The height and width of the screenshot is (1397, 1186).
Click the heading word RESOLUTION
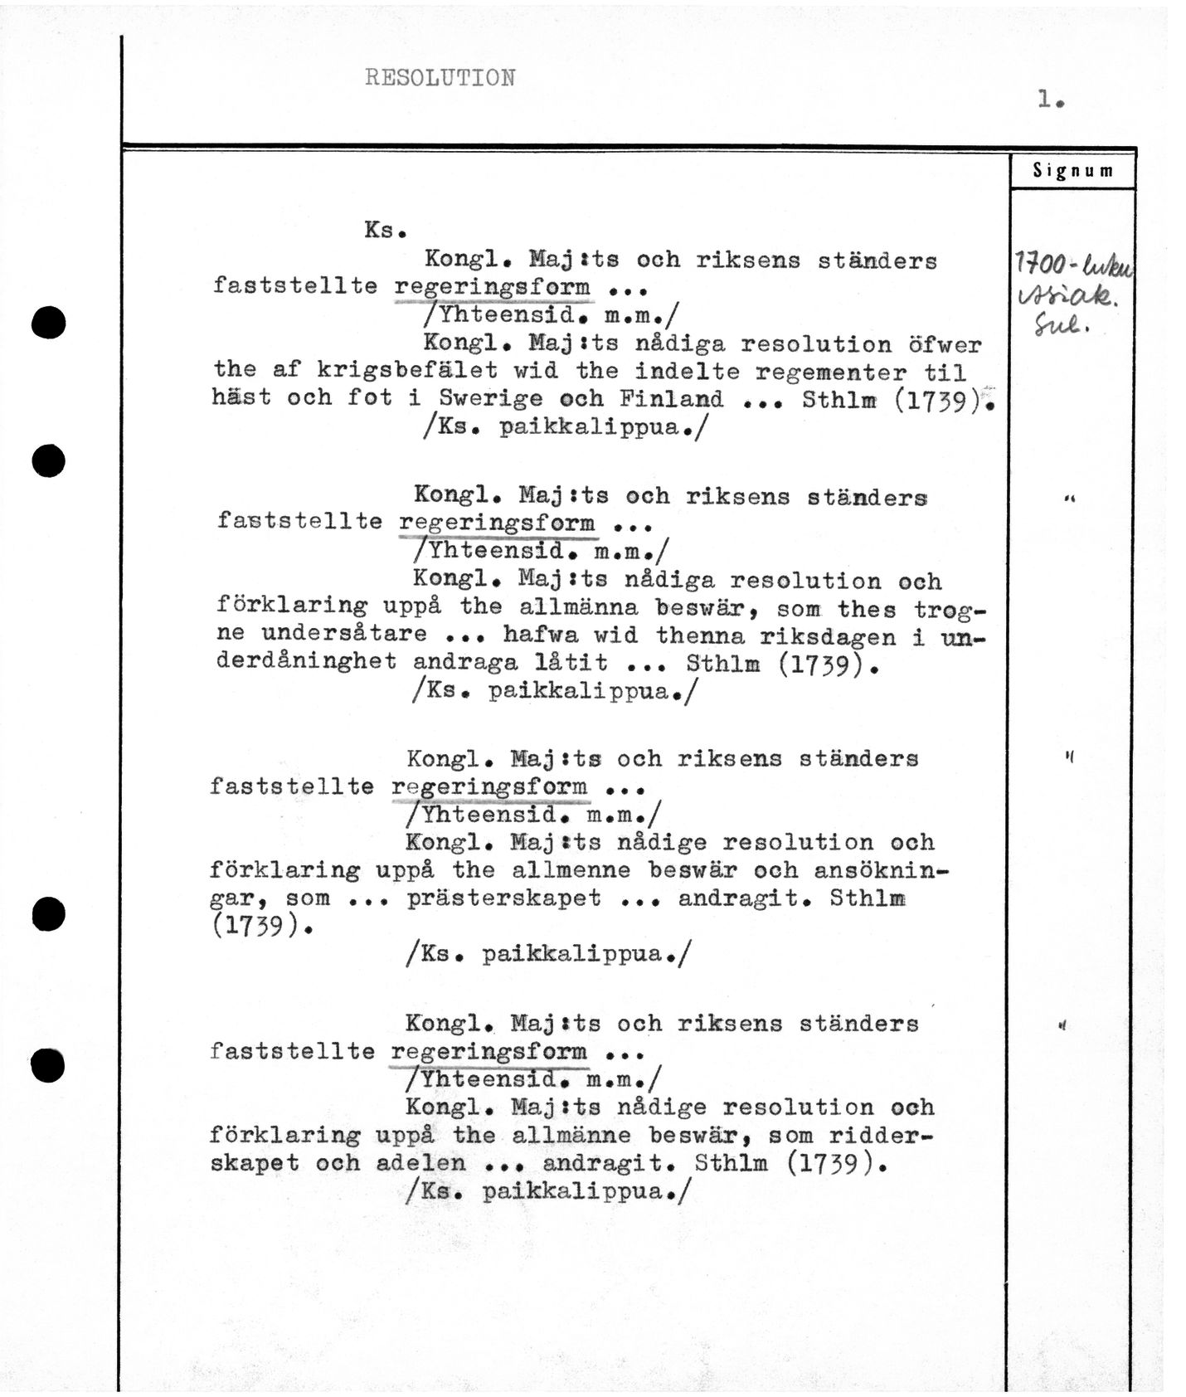[x=440, y=78]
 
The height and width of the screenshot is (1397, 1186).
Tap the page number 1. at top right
[x=1050, y=100]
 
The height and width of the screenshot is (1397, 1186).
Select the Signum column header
[x=1072, y=171]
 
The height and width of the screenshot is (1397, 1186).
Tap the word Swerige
[x=490, y=398]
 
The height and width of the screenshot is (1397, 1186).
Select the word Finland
[x=671, y=398]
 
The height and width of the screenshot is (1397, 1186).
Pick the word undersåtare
[x=344, y=635]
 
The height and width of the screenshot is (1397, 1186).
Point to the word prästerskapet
[x=503, y=898]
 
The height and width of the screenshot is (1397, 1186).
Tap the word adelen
[x=420, y=1163]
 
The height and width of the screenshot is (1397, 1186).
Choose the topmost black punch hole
[x=48, y=322]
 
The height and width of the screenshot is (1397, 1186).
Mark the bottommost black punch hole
[x=48, y=1065]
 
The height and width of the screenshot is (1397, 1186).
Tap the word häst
[x=241, y=397]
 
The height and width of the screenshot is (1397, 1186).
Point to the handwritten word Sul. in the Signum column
[x=1059, y=327]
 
